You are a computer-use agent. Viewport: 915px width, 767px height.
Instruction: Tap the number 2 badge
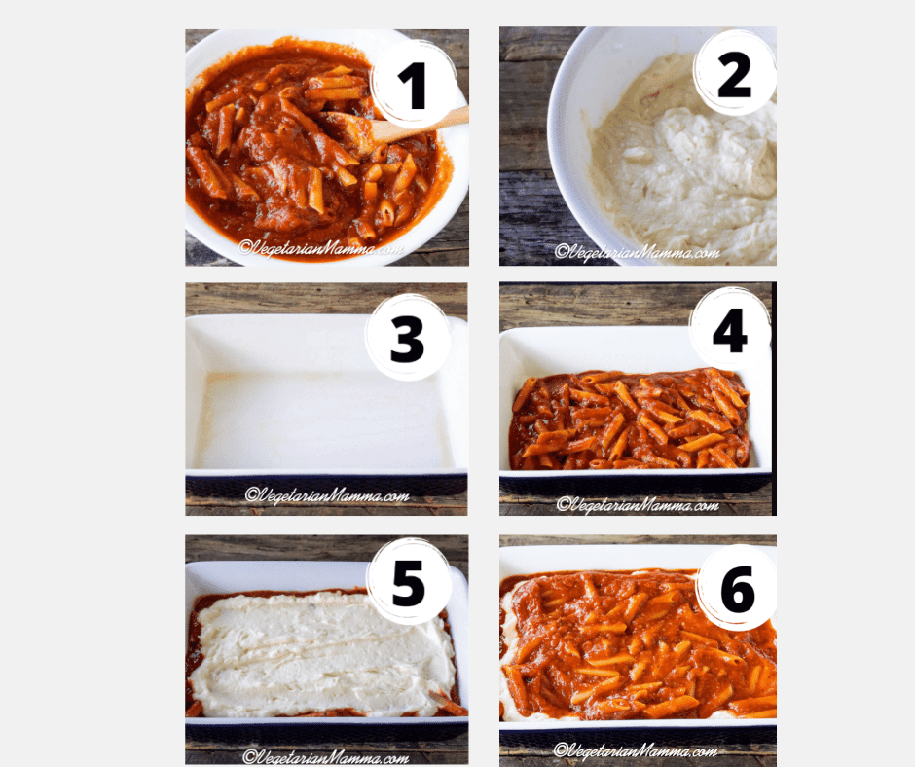[x=734, y=73]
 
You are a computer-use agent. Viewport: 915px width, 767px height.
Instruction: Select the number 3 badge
[x=407, y=338]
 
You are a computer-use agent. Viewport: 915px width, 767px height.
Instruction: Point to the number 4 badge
[x=729, y=328]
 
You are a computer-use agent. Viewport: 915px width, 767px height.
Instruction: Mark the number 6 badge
[x=737, y=587]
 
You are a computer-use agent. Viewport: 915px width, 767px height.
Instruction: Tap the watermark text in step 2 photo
[x=637, y=252]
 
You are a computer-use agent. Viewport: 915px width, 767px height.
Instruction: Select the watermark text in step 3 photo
[x=326, y=495]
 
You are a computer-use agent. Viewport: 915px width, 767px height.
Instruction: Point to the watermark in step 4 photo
[x=639, y=504]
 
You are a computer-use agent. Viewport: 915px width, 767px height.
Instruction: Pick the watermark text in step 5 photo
[x=326, y=755]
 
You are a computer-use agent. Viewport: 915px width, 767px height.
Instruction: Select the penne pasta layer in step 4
[x=628, y=419]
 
